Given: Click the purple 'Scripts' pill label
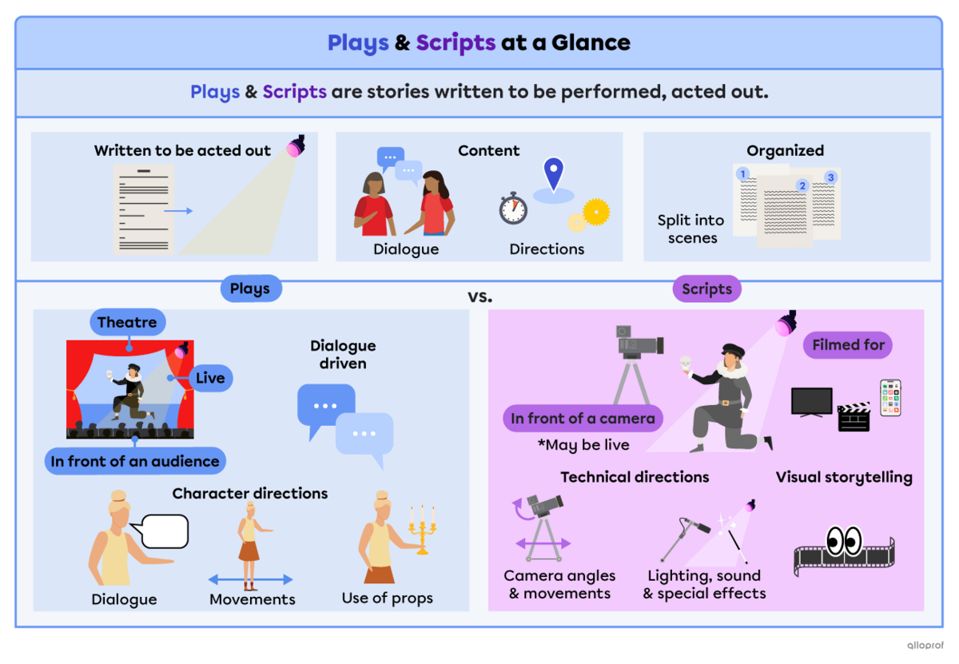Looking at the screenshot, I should point(706,289).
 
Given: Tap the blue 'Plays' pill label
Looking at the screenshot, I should point(250,289).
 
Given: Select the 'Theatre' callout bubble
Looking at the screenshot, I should point(127,323).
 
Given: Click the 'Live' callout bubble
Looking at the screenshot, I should point(210,378).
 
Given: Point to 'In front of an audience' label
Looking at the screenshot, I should point(135,461).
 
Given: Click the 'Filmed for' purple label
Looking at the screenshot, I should point(847,345).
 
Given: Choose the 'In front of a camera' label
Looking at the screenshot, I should point(583,418).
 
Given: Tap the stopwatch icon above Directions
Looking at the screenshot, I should point(513,209).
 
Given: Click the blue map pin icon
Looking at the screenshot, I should point(553,173).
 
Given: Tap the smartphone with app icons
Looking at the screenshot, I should point(890,397).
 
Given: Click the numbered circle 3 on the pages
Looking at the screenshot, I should point(830,177).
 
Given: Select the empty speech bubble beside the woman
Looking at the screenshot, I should point(163,531).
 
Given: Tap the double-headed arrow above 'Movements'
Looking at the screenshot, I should point(251,580).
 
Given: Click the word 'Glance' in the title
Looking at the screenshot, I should point(591,42).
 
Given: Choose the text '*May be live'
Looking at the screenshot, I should point(583,445).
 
